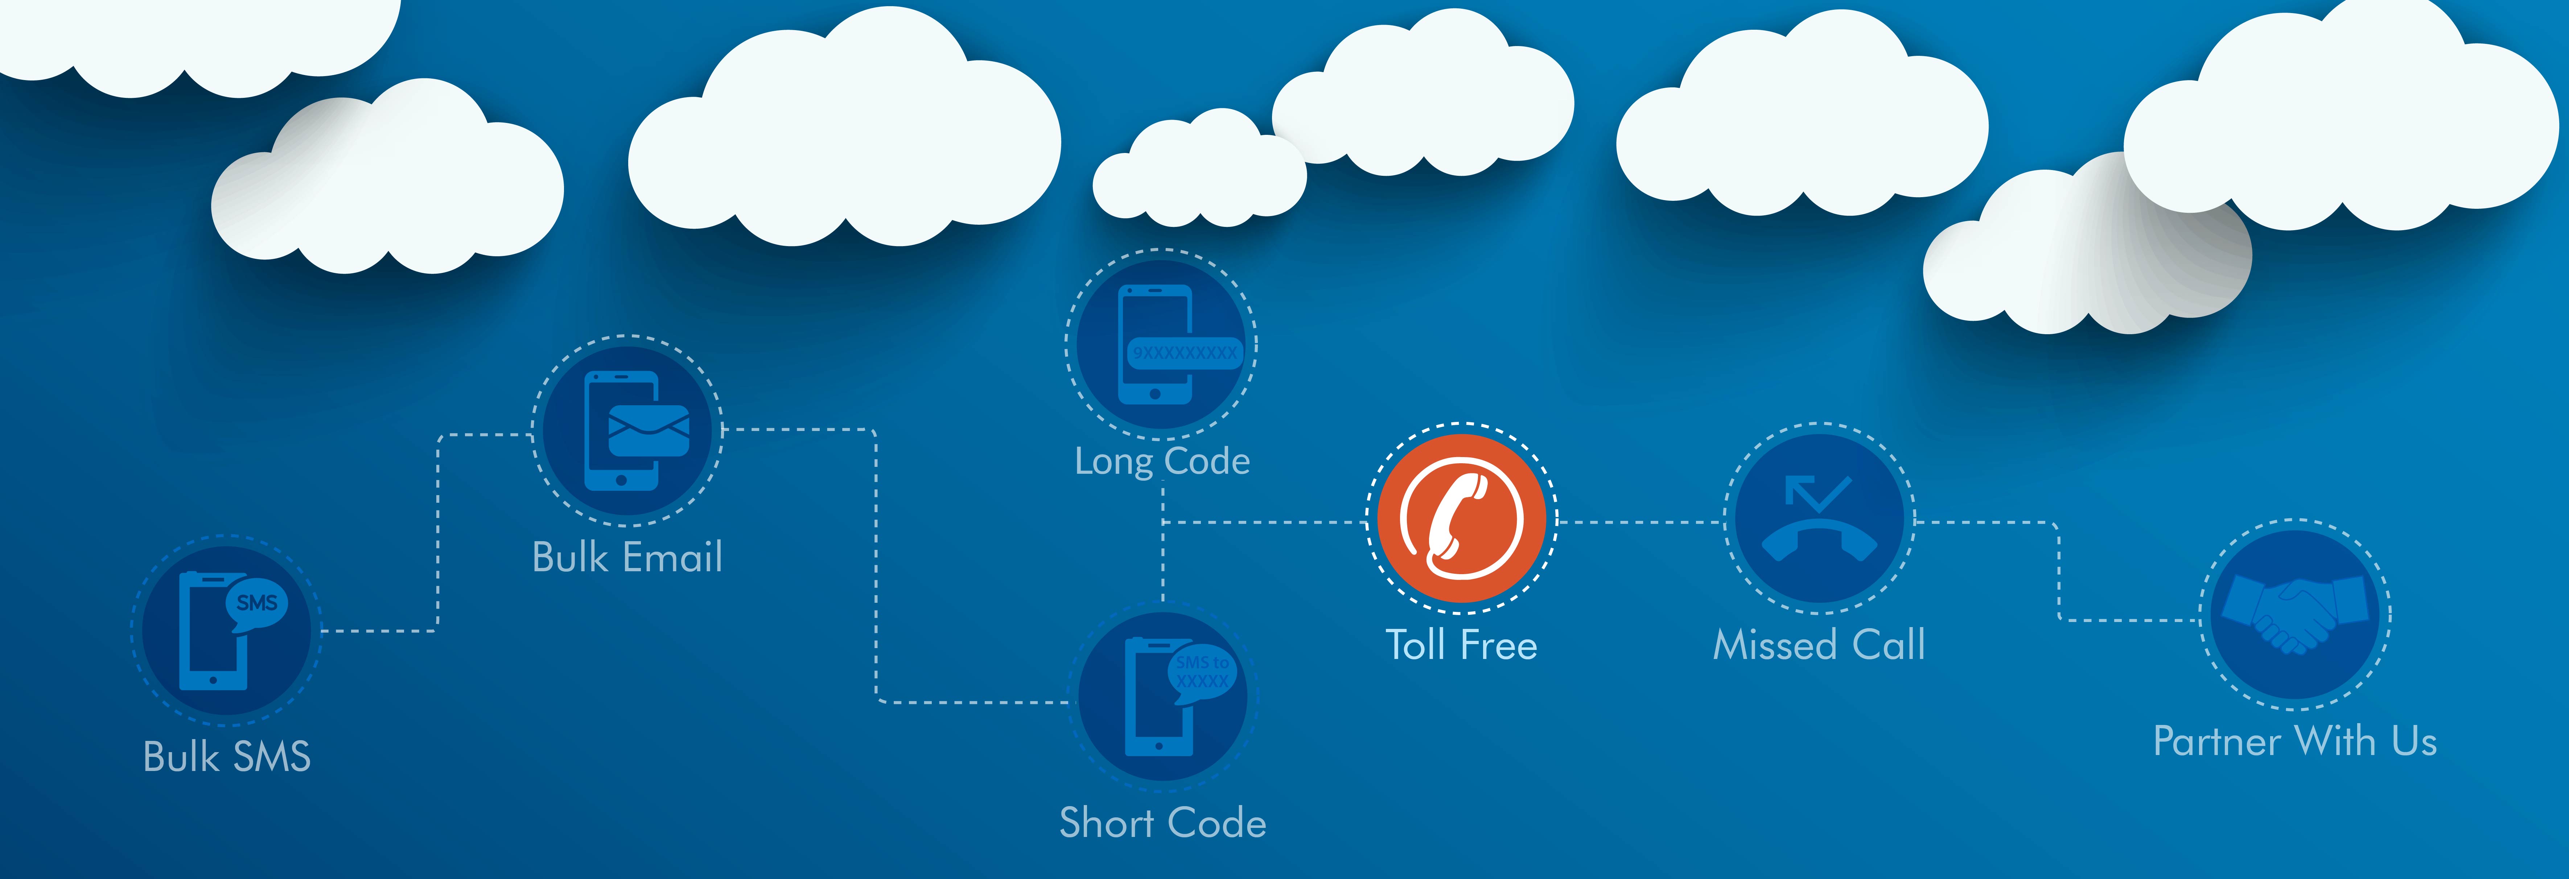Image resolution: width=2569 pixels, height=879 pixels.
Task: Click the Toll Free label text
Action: pyautogui.click(x=1461, y=646)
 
